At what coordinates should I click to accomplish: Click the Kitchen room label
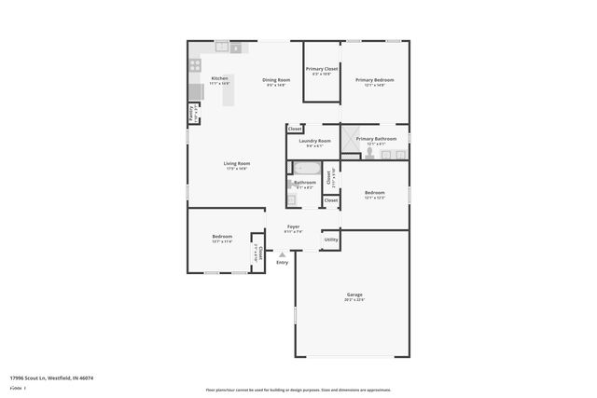[220, 78]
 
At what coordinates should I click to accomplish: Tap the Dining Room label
[276, 80]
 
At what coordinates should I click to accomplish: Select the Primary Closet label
[322, 69]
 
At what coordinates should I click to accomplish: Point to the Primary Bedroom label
[374, 80]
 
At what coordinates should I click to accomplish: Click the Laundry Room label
[314, 141]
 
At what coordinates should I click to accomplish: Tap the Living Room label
[236, 164]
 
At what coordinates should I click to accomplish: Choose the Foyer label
[293, 226]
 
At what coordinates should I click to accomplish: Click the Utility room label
[330, 240]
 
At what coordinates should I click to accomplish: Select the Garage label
[354, 295]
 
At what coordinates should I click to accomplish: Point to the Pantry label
[192, 113]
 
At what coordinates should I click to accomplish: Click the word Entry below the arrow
[282, 262]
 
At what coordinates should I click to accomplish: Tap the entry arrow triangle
[282, 254]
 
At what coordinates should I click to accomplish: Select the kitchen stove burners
[196, 65]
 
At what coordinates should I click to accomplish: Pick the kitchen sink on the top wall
[223, 46]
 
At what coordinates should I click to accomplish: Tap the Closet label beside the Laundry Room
[295, 129]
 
